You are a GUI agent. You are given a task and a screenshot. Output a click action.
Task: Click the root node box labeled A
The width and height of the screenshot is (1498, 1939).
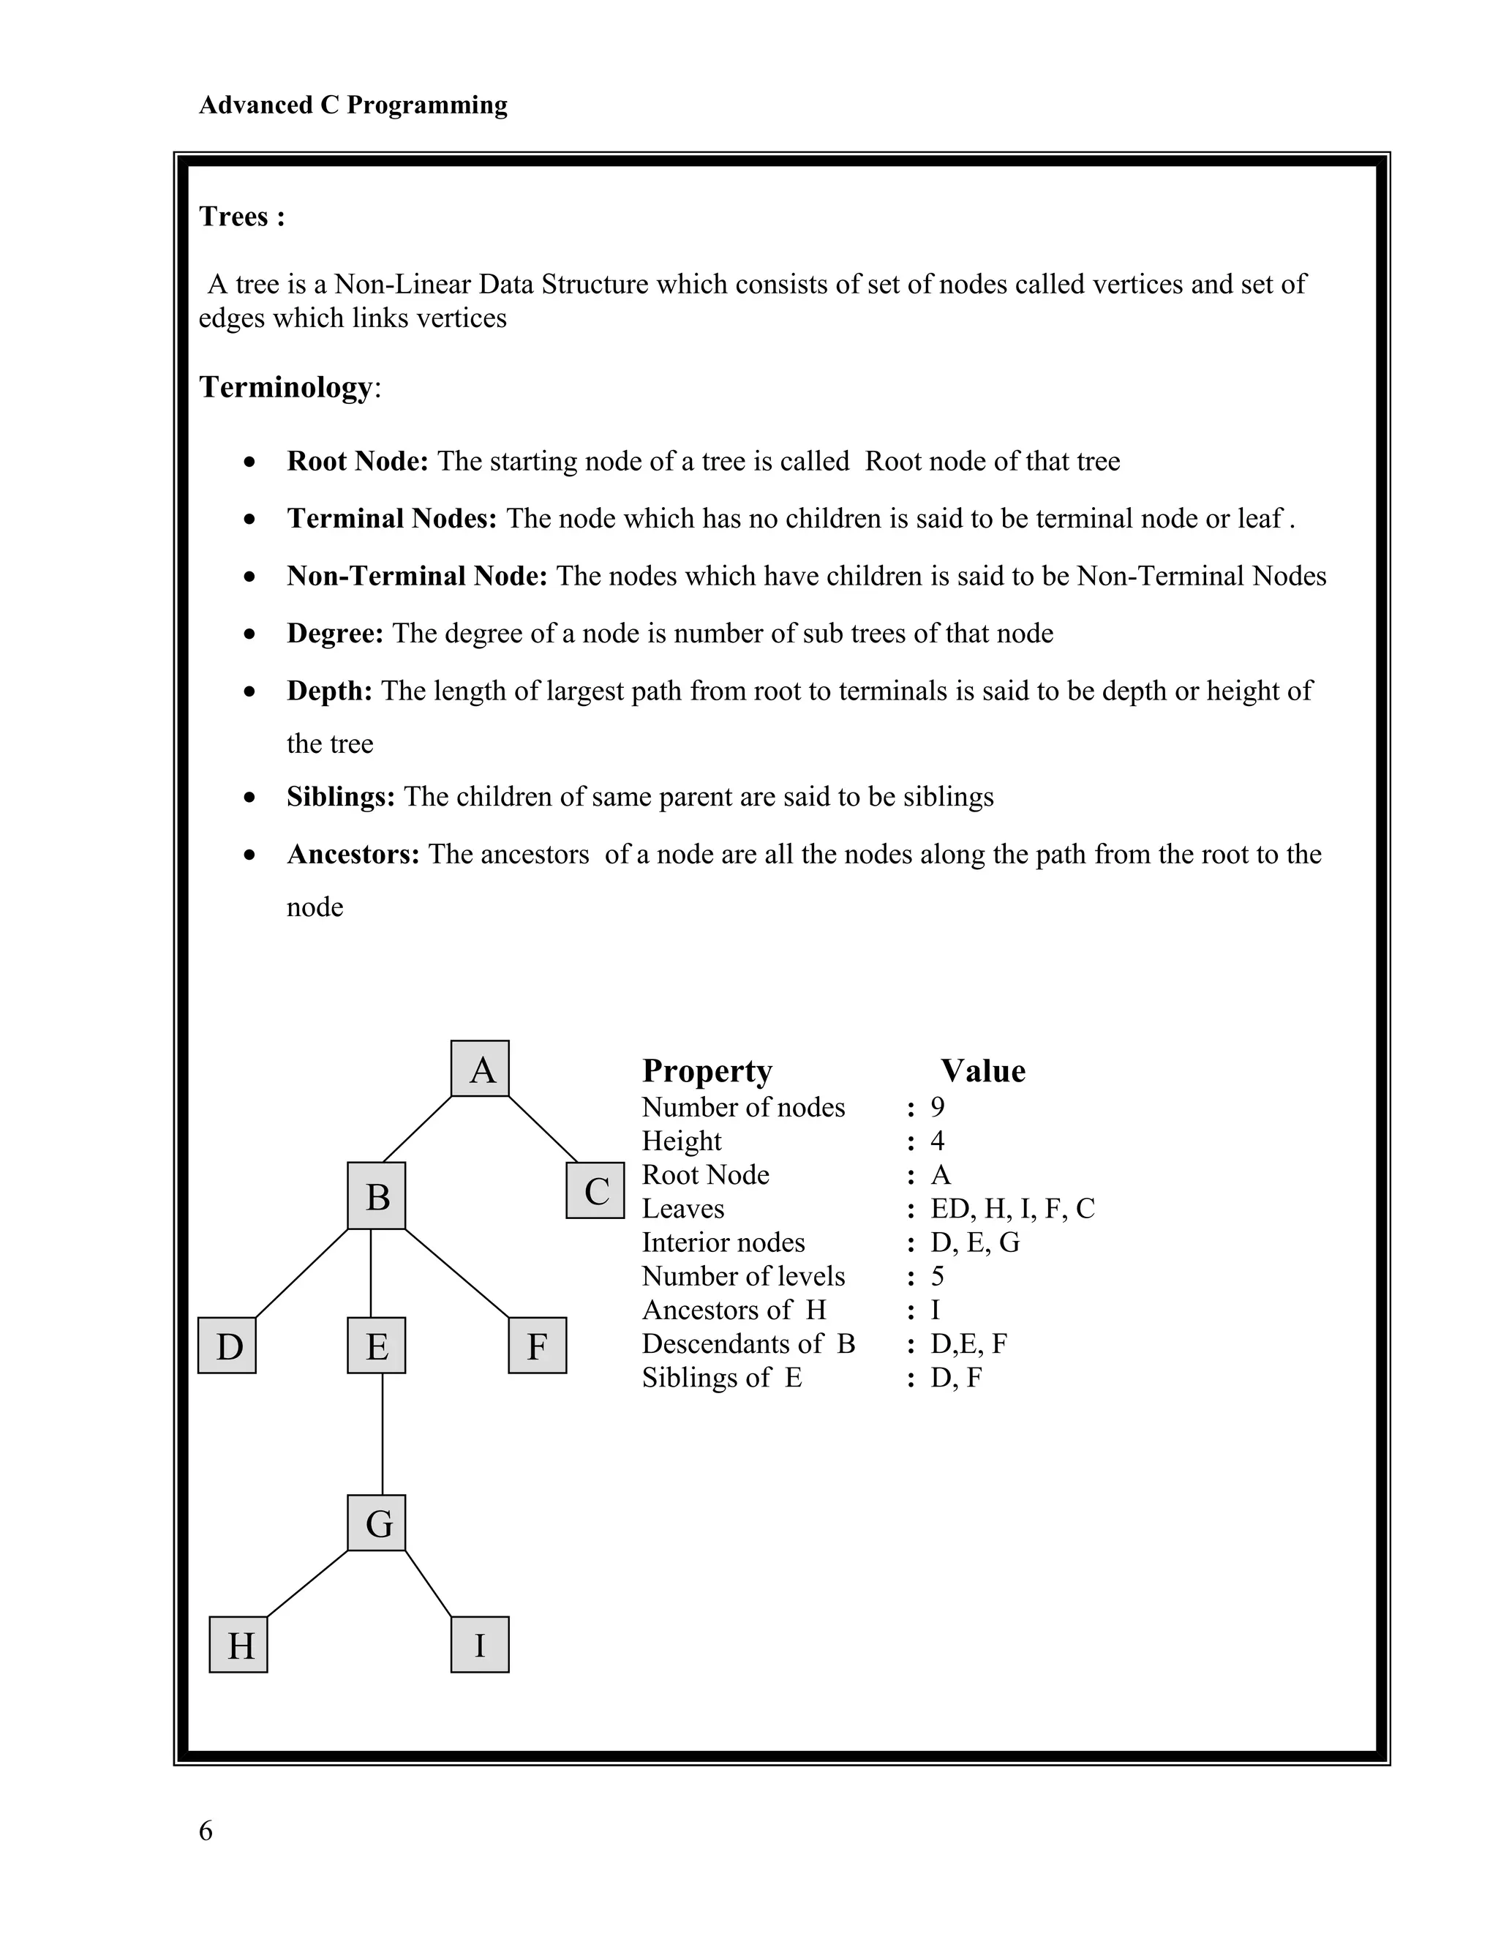(x=480, y=1069)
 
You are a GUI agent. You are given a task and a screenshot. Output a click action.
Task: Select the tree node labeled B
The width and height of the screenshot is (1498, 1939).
(x=376, y=1196)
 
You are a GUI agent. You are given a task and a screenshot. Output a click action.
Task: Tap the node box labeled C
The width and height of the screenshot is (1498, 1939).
(x=595, y=1190)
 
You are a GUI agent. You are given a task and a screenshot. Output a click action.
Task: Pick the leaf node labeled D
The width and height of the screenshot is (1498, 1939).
(x=227, y=1346)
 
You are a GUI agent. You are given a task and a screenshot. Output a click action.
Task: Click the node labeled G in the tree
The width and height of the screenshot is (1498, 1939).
(x=376, y=1523)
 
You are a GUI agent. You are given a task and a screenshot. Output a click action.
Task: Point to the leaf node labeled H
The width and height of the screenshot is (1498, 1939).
(x=238, y=1645)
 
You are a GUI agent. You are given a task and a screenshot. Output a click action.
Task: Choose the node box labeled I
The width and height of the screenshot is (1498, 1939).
(x=480, y=1645)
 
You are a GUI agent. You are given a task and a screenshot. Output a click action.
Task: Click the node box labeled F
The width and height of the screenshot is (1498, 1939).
(x=538, y=1346)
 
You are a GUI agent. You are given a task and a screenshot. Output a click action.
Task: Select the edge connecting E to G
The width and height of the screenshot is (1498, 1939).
(x=383, y=1434)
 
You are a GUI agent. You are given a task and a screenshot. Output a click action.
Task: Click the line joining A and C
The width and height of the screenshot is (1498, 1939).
(x=543, y=1129)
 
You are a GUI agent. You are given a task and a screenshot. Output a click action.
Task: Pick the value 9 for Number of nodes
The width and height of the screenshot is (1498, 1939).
(x=937, y=1107)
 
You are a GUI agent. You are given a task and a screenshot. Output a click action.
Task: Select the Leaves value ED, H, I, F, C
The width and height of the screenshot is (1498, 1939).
(x=1012, y=1208)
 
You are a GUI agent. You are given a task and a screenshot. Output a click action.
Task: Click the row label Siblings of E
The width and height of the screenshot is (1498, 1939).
(x=721, y=1377)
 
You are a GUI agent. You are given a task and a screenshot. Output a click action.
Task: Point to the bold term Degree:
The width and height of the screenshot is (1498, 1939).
(x=334, y=633)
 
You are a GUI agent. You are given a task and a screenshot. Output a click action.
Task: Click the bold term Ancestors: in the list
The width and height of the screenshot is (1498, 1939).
(x=353, y=854)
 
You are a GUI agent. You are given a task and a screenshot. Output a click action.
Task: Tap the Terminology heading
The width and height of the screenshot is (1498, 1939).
(x=287, y=387)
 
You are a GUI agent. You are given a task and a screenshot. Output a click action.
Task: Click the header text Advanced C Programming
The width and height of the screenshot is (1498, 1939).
(x=353, y=105)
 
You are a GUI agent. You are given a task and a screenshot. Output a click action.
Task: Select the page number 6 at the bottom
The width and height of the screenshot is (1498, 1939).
(x=206, y=1831)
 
